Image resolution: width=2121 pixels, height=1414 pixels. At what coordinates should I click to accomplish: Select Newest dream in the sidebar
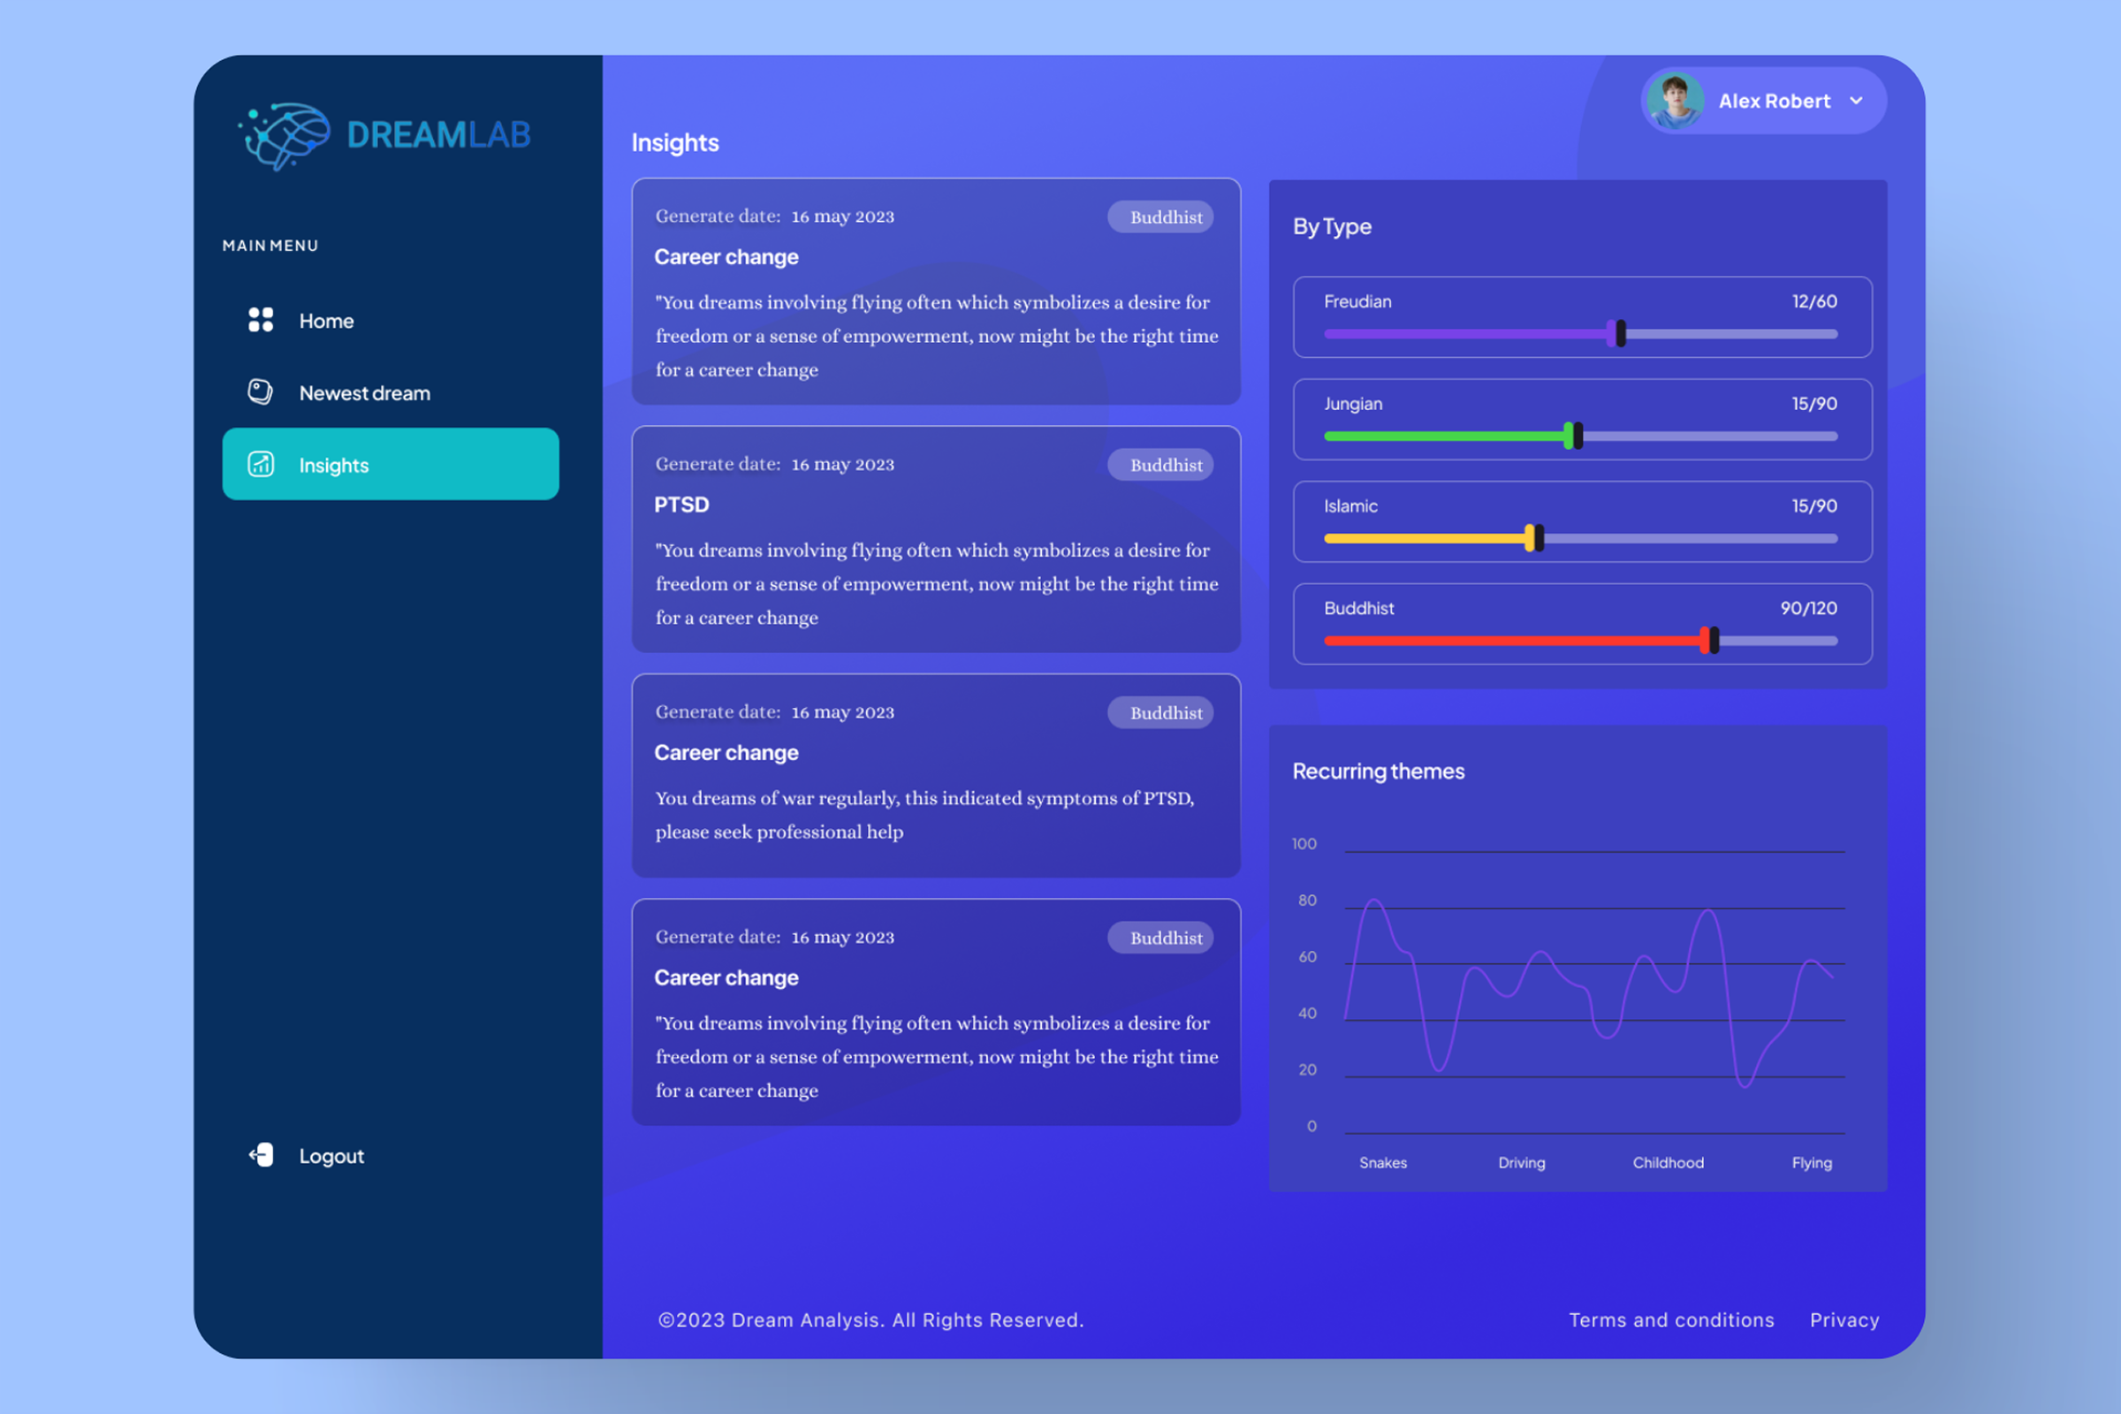(x=363, y=393)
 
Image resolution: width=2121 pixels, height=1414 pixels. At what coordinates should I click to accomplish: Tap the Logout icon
(x=262, y=1155)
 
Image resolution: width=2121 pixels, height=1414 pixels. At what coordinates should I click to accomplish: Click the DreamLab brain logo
(x=285, y=135)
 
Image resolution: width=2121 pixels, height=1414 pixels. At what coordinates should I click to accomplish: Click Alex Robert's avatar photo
(x=1675, y=101)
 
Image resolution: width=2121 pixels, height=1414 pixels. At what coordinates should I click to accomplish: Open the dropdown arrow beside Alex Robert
(x=1856, y=101)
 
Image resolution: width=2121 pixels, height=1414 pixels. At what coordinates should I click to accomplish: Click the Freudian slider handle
(x=1617, y=334)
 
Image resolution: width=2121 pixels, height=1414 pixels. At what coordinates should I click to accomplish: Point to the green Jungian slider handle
(x=1573, y=437)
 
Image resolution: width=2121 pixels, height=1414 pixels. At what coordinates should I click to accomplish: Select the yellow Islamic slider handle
(x=1534, y=538)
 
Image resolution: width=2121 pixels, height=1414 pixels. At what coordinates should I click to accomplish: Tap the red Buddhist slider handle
(x=1709, y=640)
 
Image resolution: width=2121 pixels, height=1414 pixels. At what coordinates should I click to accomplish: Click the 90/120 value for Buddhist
(x=1808, y=609)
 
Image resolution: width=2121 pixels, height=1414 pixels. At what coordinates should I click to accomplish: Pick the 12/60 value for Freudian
(x=1814, y=302)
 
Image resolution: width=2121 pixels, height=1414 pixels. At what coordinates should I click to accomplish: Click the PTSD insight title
(x=681, y=505)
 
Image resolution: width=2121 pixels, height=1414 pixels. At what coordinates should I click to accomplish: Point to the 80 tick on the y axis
(x=1308, y=900)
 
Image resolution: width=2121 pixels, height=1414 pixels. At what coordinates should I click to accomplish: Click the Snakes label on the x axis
(x=1383, y=1163)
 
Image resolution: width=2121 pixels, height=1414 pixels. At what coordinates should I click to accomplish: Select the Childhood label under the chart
(x=1669, y=1163)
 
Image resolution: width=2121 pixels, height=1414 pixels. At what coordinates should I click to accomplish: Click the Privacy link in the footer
(x=1844, y=1320)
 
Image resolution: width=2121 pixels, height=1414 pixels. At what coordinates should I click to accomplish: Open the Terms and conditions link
(x=1671, y=1320)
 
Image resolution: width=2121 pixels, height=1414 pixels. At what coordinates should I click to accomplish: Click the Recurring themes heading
(x=1378, y=772)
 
